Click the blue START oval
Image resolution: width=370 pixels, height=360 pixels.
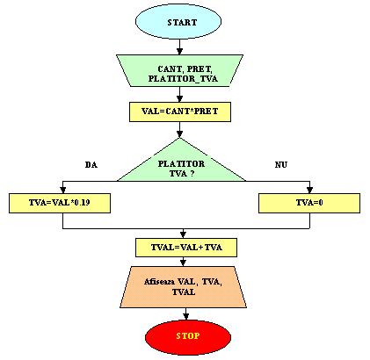(178, 22)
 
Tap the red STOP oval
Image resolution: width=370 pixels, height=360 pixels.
(188, 336)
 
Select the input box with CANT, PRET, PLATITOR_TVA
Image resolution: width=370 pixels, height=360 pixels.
(179, 70)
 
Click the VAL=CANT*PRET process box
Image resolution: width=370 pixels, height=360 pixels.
(180, 112)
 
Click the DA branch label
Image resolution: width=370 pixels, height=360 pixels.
(91, 165)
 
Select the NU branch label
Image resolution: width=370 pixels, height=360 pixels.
(281, 165)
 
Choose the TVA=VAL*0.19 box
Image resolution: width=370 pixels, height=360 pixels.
(60, 203)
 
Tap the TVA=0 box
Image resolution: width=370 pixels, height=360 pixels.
(309, 203)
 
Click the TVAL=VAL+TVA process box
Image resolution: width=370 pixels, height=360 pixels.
(186, 248)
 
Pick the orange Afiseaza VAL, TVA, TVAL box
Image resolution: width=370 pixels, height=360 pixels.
(183, 287)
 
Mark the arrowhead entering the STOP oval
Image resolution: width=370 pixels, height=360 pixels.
(185, 316)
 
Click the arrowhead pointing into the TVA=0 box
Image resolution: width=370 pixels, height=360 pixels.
(309, 190)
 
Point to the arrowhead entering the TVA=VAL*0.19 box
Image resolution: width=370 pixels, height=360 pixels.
(62, 190)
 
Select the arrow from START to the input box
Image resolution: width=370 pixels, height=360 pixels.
(179, 47)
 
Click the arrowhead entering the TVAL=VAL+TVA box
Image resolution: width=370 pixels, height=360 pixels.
(183, 234)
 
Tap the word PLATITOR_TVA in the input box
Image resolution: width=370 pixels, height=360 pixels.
(183, 79)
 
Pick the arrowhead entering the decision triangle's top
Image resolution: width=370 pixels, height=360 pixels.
(179, 134)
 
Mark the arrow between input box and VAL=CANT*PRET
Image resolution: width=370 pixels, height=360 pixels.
(179, 94)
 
